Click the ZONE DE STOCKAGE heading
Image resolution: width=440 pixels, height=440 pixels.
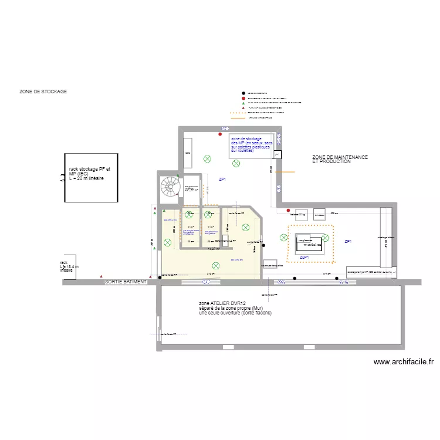(x=43, y=92)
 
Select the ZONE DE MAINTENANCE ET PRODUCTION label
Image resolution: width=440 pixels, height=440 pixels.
(x=340, y=159)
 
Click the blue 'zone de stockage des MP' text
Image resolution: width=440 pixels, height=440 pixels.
(x=252, y=144)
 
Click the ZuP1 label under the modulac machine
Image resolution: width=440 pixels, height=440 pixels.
(x=304, y=258)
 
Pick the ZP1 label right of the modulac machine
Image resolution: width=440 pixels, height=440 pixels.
(x=348, y=242)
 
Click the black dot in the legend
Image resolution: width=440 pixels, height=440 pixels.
(x=243, y=93)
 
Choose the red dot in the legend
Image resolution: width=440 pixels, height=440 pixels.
(x=243, y=98)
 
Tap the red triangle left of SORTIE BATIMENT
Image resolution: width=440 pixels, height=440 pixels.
(x=101, y=276)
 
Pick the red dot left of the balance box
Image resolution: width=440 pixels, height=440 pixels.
(x=288, y=211)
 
